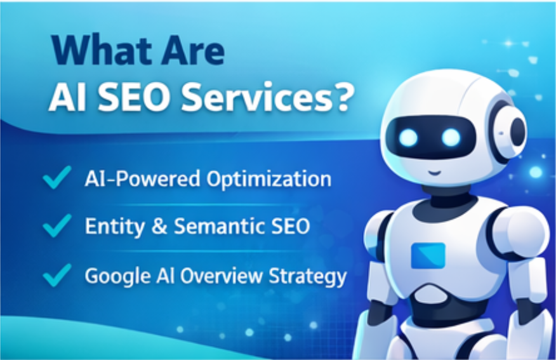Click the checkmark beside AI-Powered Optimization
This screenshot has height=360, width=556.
(x=57, y=179)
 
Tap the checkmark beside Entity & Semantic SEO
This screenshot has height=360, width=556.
(x=57, y=225)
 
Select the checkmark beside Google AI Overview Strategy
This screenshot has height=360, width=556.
(x=57, y=274)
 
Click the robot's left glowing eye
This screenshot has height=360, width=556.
(x=409, y=137)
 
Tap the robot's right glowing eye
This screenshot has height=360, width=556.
(x=451, y=137)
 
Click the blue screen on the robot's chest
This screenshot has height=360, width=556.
(x=428, y=255)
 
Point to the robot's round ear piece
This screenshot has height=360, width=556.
(x=514, y=131)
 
